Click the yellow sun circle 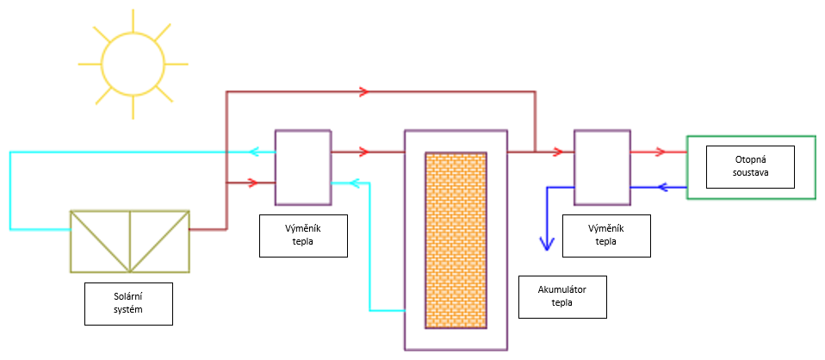[x=132, y=65]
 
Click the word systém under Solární [x=129, y=309]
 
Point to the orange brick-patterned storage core [x=456, y=240]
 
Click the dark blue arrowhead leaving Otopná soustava [x=663, y=187]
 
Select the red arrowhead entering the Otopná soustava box [x=659, y=152]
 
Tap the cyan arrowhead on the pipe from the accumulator [x=338, y=183]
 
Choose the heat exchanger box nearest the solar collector [x=301, y=167]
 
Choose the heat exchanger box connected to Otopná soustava [x=602, y=167]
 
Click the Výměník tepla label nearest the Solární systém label [x=302, y=235]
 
